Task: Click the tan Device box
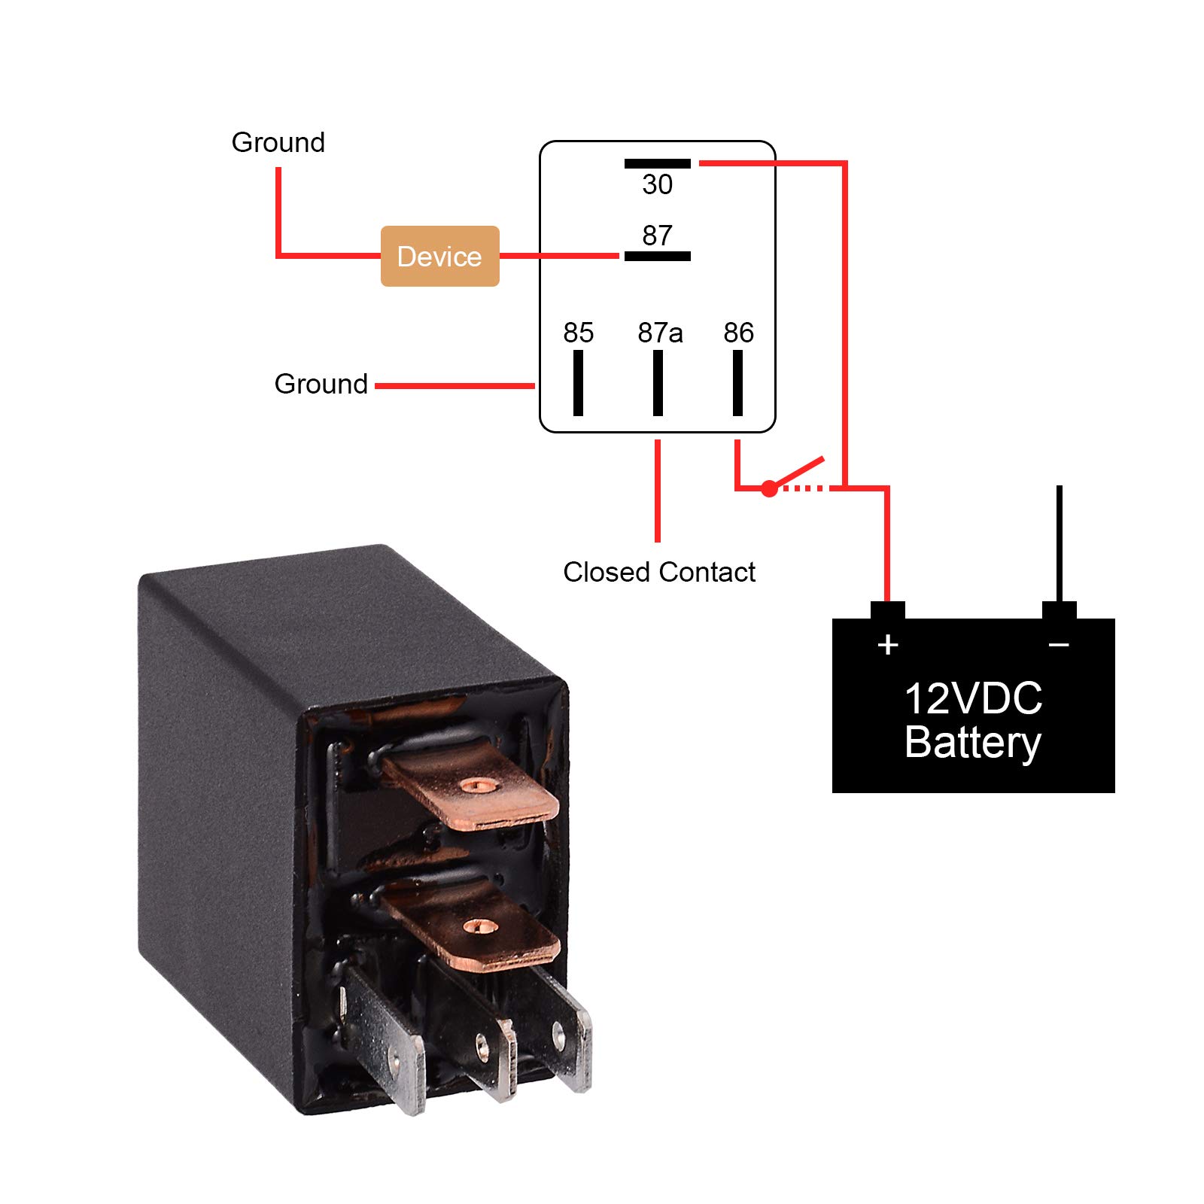[x=439, y=256]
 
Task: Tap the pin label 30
[x=657, y=184]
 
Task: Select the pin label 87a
[x=660, y=333]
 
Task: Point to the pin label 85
[x=578, y=333]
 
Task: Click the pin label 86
[x=738, y=333]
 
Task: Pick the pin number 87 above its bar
[x=657, y=236]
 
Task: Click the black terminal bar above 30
[x=657, y=163]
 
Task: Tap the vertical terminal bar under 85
[x=578, y=382]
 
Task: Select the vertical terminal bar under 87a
[x=658, y=382]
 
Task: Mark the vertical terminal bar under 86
[x=737, y=382]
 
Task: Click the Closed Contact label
[x=658, y=572]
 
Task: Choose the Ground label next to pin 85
[x=321, y=384]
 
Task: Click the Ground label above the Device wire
[x=278, y=142]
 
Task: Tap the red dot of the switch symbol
[x=768, y=489]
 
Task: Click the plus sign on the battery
[x=888, y=644]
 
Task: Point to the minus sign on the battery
[x=1059, y=644]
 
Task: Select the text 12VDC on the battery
[x=973, y=698]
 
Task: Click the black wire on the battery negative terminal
[x=1059, y=542]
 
